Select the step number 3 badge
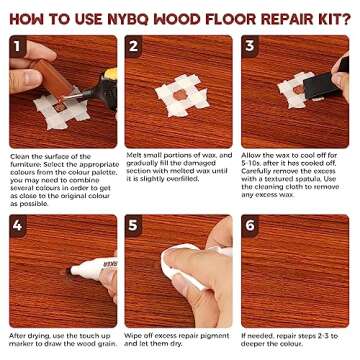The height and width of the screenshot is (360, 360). tap(250, 45)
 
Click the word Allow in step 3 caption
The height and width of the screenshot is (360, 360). tap(250, 156)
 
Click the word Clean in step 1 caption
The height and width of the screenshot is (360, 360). tap(19, 156)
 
